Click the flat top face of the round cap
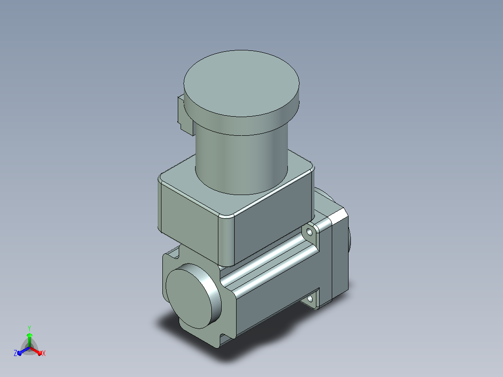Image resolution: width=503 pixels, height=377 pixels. click(241, 83)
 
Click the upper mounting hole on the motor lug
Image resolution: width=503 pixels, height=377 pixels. click(309, 231)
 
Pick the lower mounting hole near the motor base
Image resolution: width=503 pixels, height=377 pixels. click(310, 300)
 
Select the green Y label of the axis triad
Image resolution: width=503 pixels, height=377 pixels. click(29, 328)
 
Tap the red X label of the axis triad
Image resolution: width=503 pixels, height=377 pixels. click(44, 353)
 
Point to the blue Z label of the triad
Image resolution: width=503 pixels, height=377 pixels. click(15, 353)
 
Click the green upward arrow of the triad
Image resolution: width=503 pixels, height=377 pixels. click(29, 340)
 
